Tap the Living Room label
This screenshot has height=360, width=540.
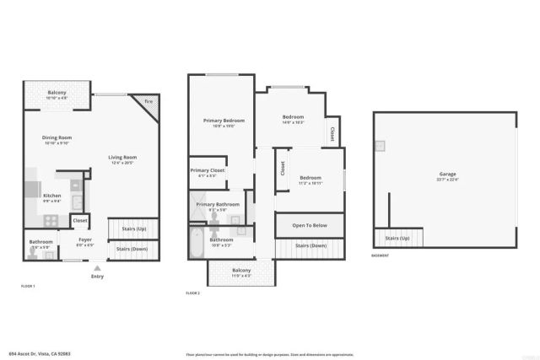[x=122, y=158]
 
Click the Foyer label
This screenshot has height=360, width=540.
[x=85, y=239]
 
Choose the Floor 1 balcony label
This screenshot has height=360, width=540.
[x=57, y=92]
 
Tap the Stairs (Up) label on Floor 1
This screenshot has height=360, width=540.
[x=134, y=228]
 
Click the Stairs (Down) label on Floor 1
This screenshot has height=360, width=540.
[x=132, y=249]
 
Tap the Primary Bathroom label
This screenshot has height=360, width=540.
[x=218, y=205]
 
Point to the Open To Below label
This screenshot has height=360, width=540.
[x=310, y=226]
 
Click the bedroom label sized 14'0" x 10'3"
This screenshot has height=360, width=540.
[x=293, y=117]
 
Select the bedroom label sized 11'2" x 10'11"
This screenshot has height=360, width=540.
[x=310, y=177]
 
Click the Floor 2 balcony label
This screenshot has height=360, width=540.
[x=241, y=271]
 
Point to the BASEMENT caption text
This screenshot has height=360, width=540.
[x=381, y=255]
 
